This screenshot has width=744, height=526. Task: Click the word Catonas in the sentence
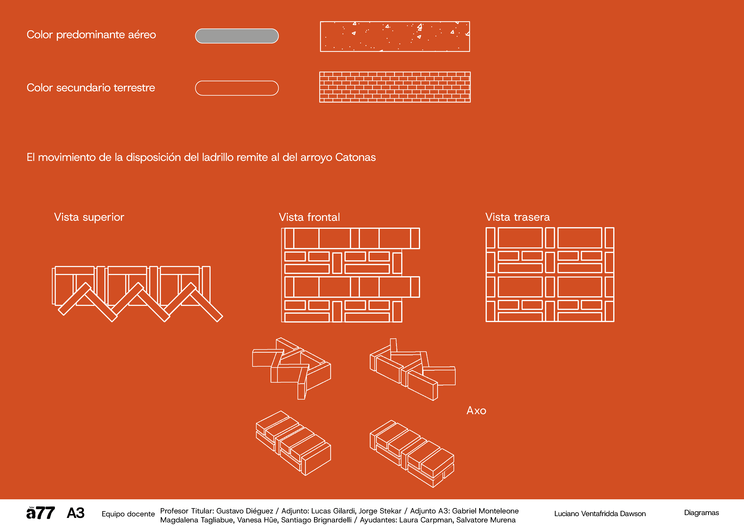tap(355, 157)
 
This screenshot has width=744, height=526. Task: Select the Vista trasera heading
tap(518, 217)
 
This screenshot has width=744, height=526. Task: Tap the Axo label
tap(476, 411)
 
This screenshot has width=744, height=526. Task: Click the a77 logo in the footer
tap(40, 513)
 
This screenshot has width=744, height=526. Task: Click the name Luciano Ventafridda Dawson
tap(600, 514)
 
